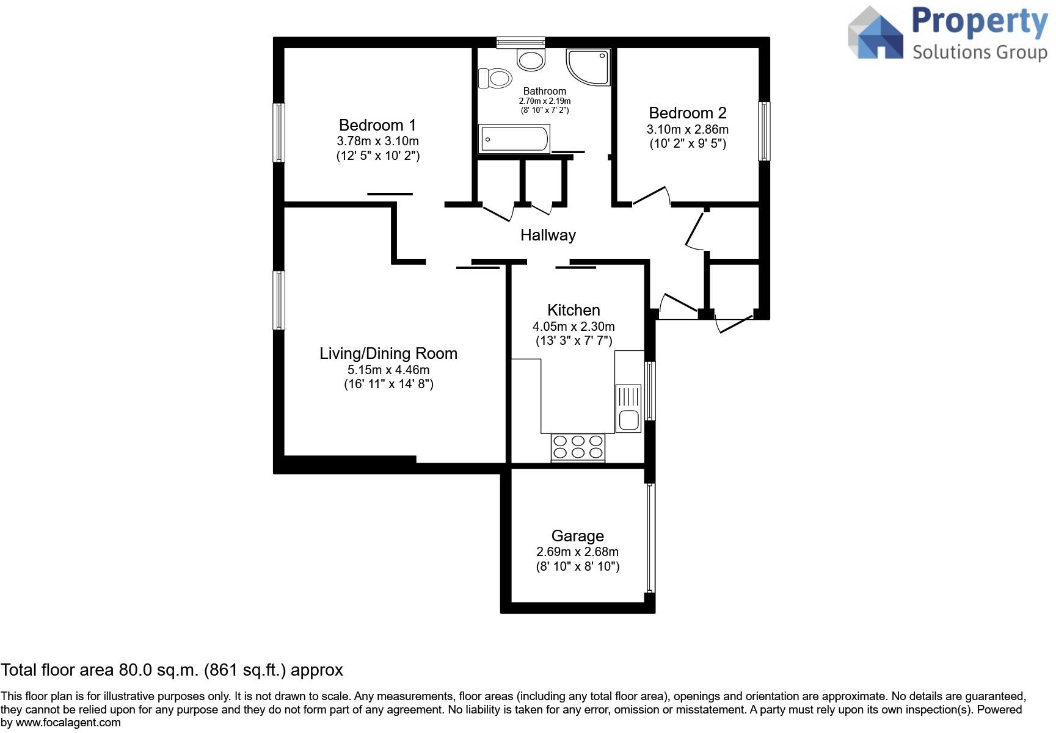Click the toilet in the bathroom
(x=496, y=78)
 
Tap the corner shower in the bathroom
(x=588, y=67)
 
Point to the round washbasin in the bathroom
(x=530, y=59)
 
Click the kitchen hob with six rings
(x=578, y=447)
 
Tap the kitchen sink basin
(x=628, y=420)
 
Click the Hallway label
(x=548, y=235)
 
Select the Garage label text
(x=577, y=536)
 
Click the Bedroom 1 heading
(x=377, y=125)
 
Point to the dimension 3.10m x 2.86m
(x=687, y=129)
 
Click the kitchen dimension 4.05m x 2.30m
(x=574, y=327)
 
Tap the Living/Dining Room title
(x=388, y=353)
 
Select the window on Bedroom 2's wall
(x=763, y=131)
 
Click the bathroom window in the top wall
(x=520, y=42)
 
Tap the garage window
(x=650, y=538)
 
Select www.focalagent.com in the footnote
(x=68, y=723)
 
